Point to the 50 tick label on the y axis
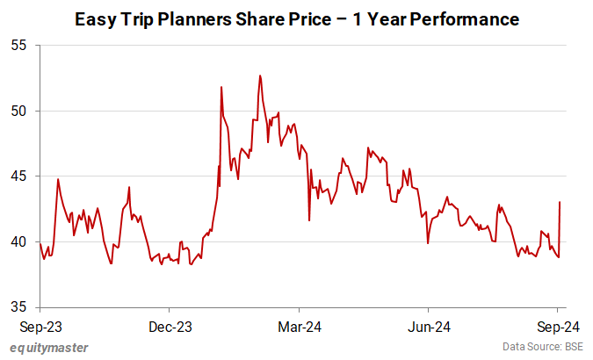pos(19,111)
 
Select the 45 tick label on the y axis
pos(19,176)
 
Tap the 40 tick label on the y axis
pos(19,241)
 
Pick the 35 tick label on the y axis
pos(19,306)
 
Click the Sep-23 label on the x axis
pos(39,327)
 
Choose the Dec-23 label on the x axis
pos(170,327)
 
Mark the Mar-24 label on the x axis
pos(299,327)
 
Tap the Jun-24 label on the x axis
pos(429,327)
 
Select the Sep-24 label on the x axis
pos(557,327)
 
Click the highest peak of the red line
pos(260,76)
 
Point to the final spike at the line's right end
pos(560,203)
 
